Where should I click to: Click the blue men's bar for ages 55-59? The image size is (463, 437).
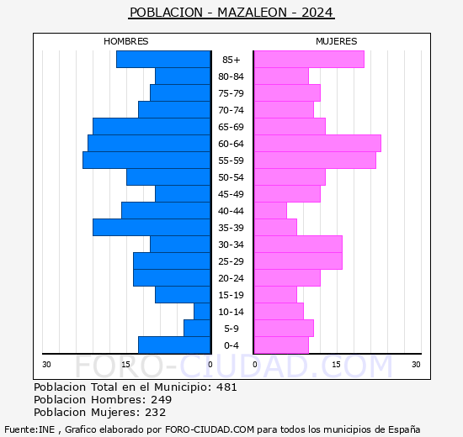146,161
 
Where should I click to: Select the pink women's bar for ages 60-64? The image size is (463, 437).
317,144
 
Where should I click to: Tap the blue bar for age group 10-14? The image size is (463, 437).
202,312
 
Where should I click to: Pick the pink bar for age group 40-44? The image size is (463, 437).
270,211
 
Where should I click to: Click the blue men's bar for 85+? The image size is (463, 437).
163,60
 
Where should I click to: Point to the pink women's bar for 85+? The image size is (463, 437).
309,60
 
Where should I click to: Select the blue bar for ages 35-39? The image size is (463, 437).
152,228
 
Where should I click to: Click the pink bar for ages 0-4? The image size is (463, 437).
281,345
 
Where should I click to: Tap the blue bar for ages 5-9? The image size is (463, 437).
197,329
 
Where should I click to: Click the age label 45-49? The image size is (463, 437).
231,194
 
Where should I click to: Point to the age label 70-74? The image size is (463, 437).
231,110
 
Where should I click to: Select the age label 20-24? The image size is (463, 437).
231,278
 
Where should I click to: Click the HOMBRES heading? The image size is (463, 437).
126,41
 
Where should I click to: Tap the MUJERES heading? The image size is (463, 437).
337,41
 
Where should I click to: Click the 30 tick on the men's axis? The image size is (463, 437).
46,365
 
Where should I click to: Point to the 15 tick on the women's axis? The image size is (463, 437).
337,365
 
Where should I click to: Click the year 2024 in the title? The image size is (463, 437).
317,13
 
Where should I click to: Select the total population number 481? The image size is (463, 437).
226,387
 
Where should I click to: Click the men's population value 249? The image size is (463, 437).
162,400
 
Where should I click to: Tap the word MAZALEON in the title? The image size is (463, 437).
252,13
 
